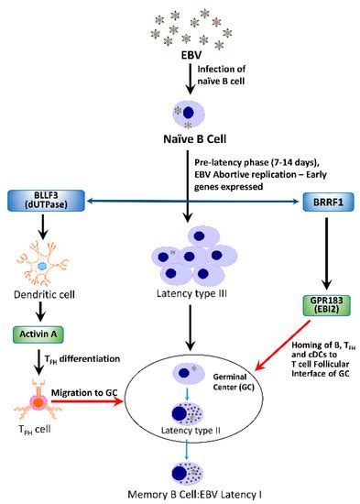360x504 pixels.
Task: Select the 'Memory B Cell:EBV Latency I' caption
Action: pos(183,494)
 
